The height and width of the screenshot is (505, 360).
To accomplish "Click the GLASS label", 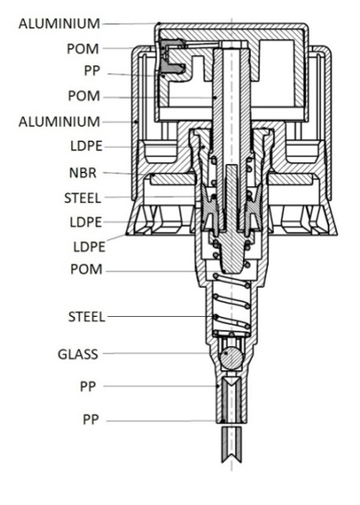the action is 77,354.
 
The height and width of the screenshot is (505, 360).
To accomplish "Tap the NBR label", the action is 82,173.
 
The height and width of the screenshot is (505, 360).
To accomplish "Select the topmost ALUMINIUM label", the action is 59,24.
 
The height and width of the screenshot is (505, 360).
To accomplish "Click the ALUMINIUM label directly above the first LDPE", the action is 59,122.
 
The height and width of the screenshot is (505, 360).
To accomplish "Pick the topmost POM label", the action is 82,49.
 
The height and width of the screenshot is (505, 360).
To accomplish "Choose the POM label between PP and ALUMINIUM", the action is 84,96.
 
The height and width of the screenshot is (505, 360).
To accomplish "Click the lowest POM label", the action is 87,270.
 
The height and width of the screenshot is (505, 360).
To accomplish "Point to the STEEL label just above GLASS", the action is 87,317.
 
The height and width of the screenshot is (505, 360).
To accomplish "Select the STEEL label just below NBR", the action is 82,198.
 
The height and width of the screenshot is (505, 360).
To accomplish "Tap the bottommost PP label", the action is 90,420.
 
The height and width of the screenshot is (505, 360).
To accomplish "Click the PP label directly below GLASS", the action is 88,386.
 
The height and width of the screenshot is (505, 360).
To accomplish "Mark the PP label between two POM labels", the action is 92,70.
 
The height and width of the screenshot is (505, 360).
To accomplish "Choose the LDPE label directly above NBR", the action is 87,146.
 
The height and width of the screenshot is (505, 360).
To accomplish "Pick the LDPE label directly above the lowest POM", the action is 89,247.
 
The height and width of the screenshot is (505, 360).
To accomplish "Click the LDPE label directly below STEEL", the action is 86,222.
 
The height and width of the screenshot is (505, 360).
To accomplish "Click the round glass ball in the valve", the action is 230,357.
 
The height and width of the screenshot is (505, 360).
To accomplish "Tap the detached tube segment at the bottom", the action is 231,445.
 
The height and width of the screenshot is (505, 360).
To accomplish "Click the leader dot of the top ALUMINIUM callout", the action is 159,23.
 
